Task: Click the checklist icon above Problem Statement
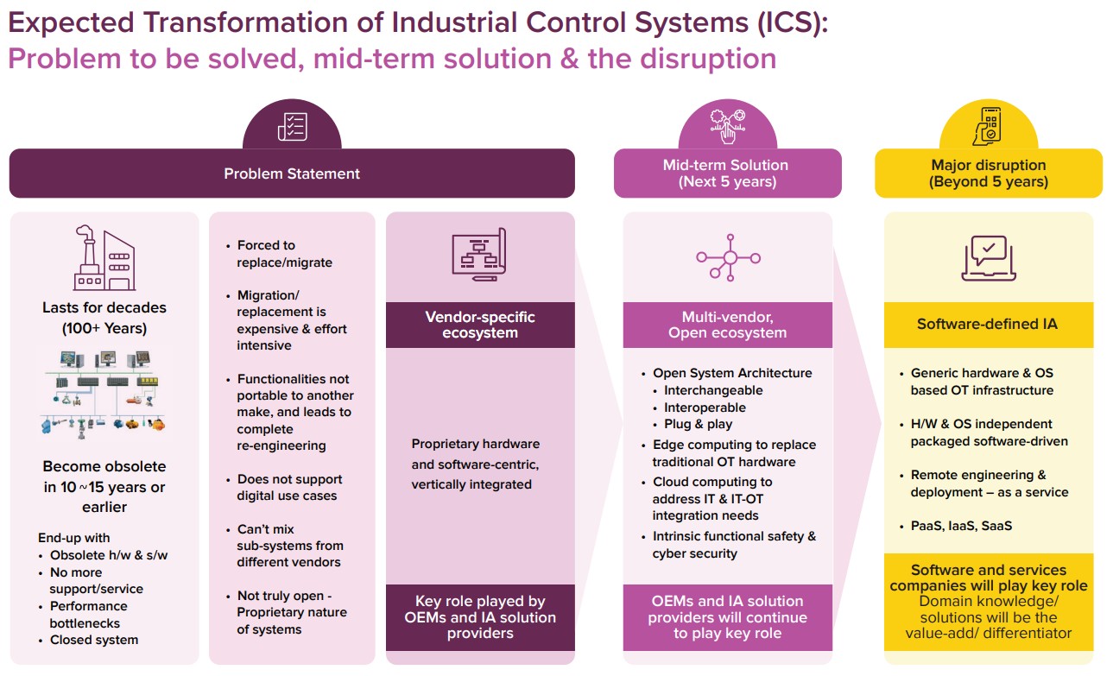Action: click(292, 126)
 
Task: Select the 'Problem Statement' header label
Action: click(292, 174)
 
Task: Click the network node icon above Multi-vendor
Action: click(729, 256)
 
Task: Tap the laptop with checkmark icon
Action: click(989, 257)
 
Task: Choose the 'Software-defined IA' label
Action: click(987, 325)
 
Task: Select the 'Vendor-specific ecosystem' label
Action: click(480, 325)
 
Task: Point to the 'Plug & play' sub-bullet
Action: click(698, 424)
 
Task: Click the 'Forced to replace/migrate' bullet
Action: click(284, 254)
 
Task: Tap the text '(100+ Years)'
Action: click(104, 328)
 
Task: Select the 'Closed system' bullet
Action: click(94, 640)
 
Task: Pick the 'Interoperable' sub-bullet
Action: click(705, 407)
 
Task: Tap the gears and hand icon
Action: click(727, 126)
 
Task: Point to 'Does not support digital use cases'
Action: click(289, 488)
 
